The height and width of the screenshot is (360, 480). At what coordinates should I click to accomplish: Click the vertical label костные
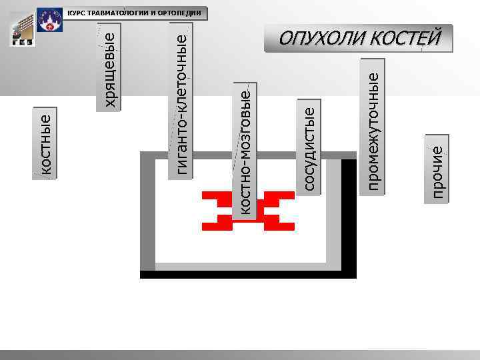(x=46, y=145)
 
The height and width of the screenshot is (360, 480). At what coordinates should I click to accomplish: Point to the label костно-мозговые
(x=245, y=151)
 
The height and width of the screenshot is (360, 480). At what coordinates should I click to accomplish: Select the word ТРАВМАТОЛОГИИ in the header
(x=115, y=13)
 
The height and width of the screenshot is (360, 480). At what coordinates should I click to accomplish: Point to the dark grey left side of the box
(x=147, y=213)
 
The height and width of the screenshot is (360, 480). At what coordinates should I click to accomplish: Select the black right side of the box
(x=349, y=213)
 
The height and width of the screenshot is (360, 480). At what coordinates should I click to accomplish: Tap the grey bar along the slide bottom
(x=240, y=354)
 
